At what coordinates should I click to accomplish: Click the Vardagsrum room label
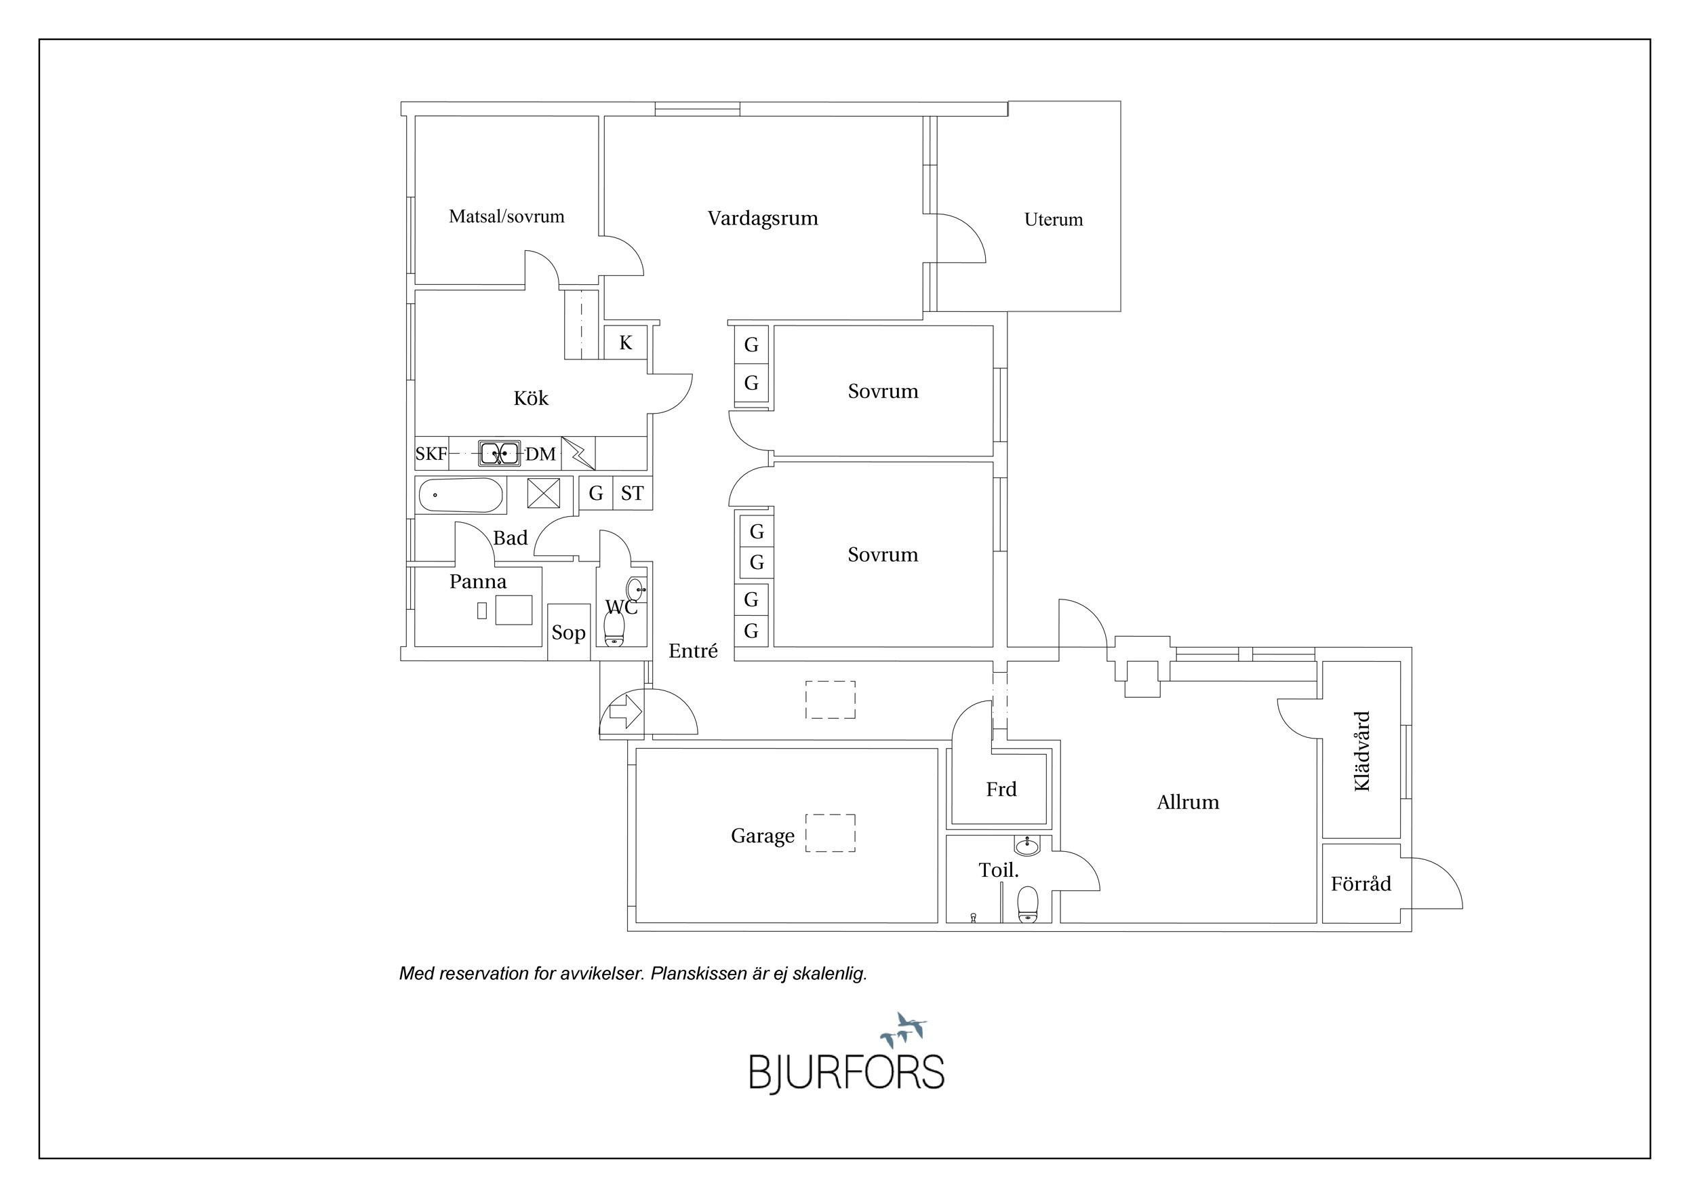tap(763, 218)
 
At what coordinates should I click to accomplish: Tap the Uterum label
tap(1054, 219)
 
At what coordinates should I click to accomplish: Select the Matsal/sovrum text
tap(506, 216)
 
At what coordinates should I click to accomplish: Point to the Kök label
tap(531, 398)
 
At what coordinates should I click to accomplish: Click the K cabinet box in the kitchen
tap(626, 342)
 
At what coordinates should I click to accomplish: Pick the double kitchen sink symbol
tap(500, 452)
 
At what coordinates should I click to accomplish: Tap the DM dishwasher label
tap(540, 454)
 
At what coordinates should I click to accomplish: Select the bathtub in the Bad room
tap(460, 494)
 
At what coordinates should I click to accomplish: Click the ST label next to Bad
tap(632, 493)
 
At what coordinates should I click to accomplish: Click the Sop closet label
tap(568, 633)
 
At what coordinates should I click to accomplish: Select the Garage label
tap(763, 836)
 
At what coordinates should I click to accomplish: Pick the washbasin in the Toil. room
tap(1027, 846)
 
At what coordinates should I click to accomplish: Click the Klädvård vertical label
tap(1362, 751)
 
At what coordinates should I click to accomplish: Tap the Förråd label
tap(1361, 883)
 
